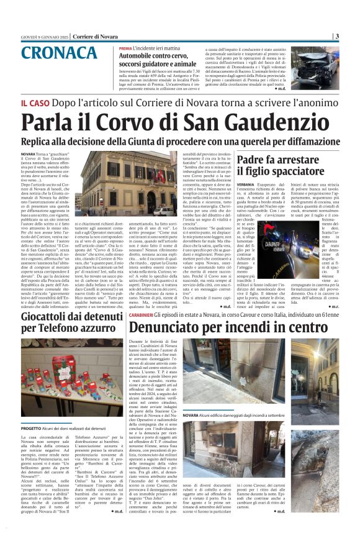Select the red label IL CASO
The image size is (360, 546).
click(x=35, y=99)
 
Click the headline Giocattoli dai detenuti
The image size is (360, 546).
click(x=63, y=317)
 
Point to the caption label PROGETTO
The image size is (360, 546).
click(x=31, y=411)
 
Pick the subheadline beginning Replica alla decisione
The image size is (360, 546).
click(x=179, y=140)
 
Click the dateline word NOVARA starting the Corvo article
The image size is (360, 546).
click(x=28, y=153)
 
